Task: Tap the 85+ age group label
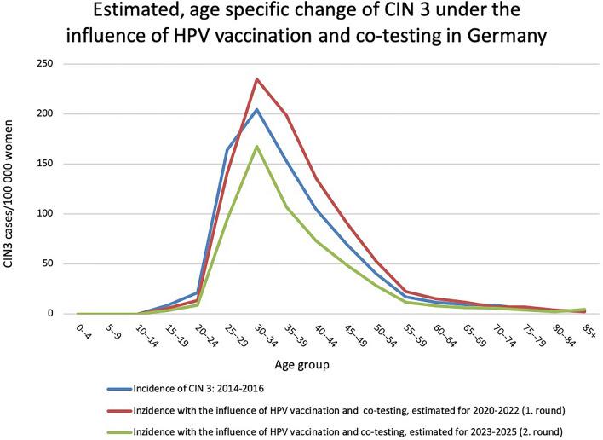(583, 333)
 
